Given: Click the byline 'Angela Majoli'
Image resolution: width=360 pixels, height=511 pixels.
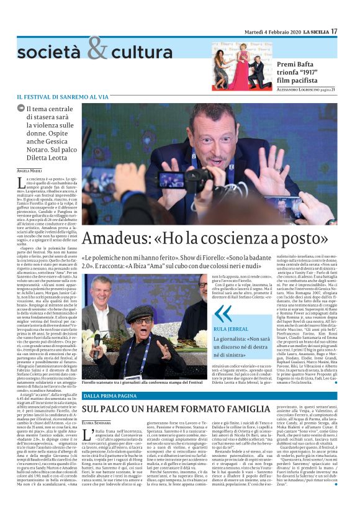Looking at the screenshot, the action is tap(29, 170).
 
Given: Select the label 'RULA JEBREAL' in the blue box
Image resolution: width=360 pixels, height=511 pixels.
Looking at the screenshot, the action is tap(229, 313).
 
